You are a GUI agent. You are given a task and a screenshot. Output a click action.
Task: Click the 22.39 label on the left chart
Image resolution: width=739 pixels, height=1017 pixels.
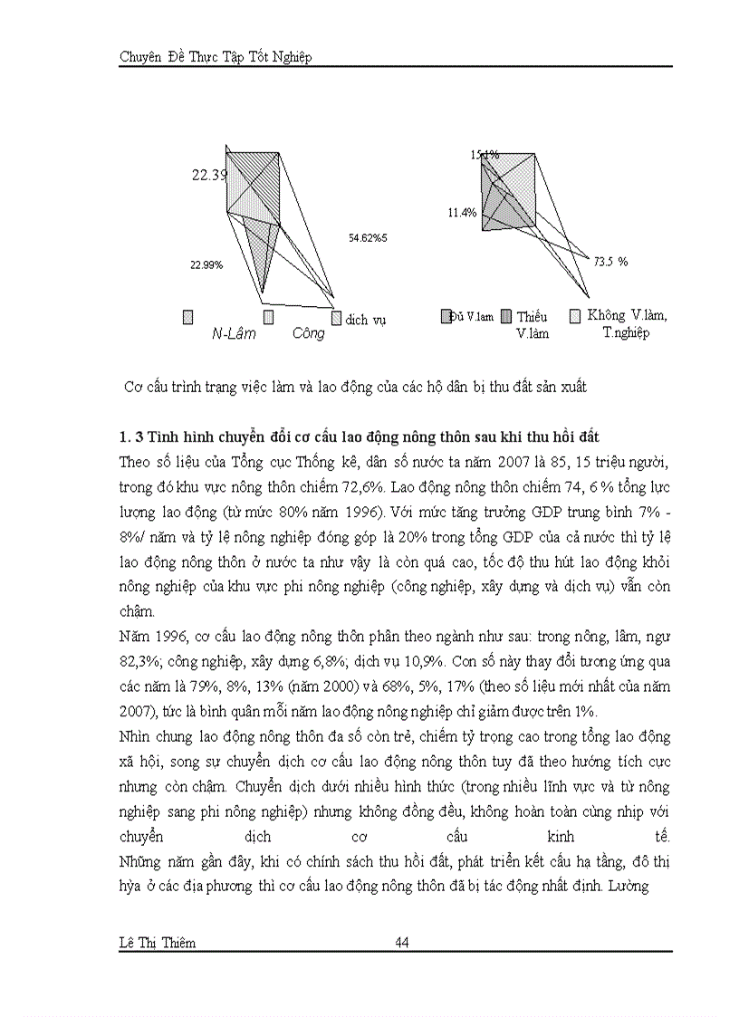[209, 175]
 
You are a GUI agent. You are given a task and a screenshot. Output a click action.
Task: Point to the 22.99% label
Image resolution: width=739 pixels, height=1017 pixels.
[206, 264]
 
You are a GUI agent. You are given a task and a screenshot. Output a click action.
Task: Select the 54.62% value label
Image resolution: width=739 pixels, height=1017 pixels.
[368, 237]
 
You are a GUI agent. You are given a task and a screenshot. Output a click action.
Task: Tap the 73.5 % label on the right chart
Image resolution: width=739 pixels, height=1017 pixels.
[610, 261]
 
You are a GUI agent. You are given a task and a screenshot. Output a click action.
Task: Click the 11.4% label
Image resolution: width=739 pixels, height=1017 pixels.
[461, 213]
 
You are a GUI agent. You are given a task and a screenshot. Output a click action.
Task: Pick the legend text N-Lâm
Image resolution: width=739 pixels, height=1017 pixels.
[234, 333]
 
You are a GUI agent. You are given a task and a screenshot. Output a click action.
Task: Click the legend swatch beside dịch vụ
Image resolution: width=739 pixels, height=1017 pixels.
[337, 318]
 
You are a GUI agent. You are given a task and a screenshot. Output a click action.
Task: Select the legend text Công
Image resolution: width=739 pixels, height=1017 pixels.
[308, 333]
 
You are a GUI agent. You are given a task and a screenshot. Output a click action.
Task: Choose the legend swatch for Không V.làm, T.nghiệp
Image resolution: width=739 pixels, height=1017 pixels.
[574, 316]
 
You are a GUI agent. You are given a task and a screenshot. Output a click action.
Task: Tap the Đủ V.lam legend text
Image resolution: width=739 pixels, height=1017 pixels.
[472, 316]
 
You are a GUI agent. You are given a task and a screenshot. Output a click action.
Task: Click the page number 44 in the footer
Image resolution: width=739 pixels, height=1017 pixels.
[403, 943]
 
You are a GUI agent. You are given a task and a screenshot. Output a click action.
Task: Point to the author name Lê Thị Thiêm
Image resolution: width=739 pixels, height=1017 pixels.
[157, 943]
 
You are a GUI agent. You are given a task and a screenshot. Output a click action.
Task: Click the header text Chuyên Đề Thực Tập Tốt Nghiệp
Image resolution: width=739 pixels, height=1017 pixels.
[215, 57]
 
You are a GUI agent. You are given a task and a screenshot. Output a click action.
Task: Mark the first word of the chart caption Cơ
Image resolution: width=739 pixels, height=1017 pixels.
[132, 387]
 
